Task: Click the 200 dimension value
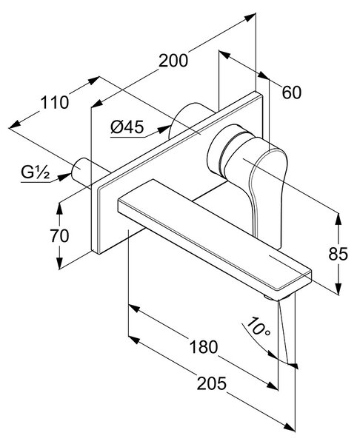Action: point(173,61)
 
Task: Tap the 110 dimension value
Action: point(54,103)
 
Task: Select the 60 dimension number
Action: point(292,92)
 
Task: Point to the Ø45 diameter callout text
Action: point(127,127)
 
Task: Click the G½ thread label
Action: point(36,172)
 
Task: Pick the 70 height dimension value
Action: point(59,235)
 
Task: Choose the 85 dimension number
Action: point(338,254)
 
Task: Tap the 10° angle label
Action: point(257,327)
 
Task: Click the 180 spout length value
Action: point(204,347)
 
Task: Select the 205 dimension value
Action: point(212,383)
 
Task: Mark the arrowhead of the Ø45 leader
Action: point(164,129)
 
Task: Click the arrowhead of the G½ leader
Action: point(64,177)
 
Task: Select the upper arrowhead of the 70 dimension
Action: point(59,209)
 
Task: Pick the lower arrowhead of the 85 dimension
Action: point(339,289)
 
